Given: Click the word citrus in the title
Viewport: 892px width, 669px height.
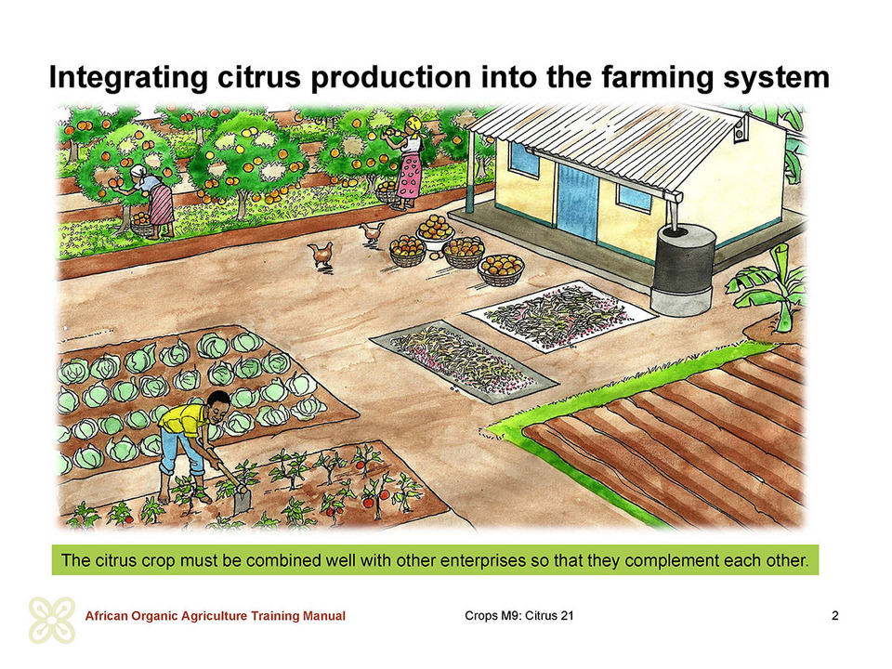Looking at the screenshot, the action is [x=258, y=77].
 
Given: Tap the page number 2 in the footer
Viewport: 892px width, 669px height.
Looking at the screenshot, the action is [x=834, y=615].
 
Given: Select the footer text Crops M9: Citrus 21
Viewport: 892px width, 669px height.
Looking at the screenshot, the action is [x=518, y=615].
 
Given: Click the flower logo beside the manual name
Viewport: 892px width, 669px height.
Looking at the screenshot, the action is [x=52, y=620].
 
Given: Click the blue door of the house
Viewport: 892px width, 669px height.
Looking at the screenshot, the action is [x=577, y=202].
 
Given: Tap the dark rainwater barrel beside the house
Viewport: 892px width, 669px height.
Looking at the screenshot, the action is [x=682, y=270].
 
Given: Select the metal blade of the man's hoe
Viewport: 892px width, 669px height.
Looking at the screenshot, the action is [x=242, y=501].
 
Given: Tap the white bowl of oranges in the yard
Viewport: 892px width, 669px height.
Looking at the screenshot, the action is [x=435, y=231].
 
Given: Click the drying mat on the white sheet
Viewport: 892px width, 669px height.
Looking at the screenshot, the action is [x=560, y=316].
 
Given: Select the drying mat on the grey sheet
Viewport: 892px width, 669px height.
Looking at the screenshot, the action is [x=464, y=361].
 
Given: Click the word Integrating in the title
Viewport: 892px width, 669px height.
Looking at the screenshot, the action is [x=128, y=78].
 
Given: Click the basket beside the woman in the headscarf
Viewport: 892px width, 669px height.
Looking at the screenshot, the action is [x=142, y=225].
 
